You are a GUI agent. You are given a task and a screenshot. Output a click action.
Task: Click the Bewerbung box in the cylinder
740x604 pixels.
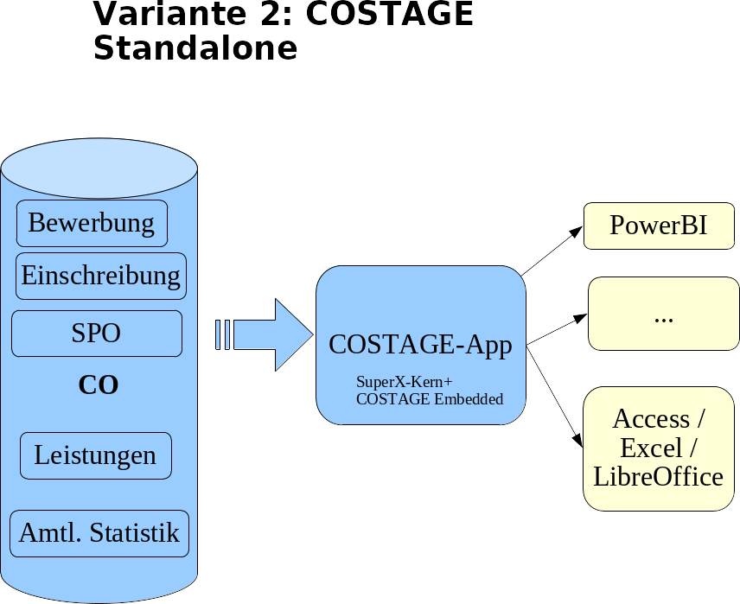coord(92,223)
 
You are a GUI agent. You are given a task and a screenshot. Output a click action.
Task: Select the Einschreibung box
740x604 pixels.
coord(101,276)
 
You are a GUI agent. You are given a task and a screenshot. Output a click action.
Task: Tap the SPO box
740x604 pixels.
coord(97,334)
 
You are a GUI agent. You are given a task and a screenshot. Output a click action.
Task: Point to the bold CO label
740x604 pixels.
coord(99,385)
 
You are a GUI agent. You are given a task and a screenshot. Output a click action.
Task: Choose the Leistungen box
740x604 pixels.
coord(95,455)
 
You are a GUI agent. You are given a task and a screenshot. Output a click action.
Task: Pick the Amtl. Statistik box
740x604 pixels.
coord(99,533)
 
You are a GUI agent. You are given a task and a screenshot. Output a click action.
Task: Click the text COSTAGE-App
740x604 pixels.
coord(420,345)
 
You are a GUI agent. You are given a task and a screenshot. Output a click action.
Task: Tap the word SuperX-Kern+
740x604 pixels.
coord(404,382)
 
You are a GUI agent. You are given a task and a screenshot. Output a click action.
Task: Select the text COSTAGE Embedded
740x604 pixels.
coord(430,399)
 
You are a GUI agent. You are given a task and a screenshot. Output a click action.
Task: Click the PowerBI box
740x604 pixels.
coord(659,226)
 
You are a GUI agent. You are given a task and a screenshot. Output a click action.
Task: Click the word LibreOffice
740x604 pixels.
coord(659,476)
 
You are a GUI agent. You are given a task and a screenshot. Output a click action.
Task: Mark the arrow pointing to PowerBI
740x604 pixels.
coord(552,251)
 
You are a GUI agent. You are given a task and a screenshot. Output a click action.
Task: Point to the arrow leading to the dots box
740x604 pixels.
coord(558,329)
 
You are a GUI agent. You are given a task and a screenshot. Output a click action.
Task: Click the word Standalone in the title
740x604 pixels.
coord(195,48)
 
